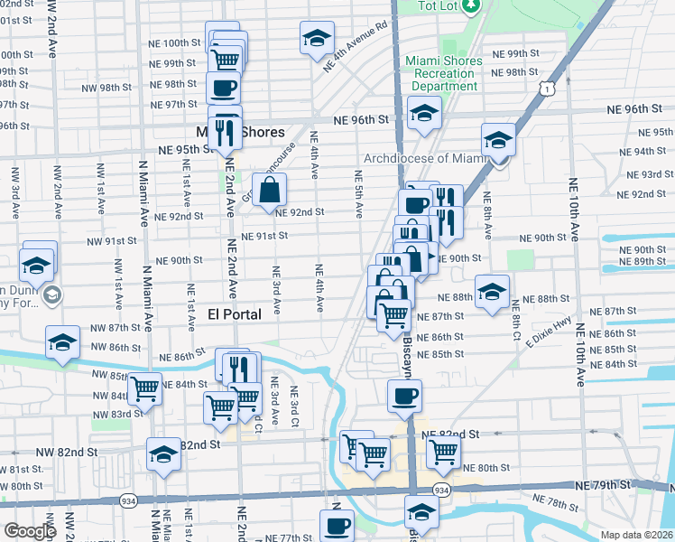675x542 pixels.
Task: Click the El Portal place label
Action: (235, 314)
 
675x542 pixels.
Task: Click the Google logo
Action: (30, 531)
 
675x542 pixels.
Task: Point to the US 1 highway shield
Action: (546, 87)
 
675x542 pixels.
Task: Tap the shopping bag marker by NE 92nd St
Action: (270, 191)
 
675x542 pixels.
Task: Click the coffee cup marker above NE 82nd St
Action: (404, 395)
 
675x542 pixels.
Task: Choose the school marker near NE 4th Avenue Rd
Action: (317, 39)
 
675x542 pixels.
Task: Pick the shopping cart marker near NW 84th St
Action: (145, 389)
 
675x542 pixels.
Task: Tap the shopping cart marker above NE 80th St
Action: (443, 451)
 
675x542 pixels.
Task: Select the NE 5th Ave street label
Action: (358, 195)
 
